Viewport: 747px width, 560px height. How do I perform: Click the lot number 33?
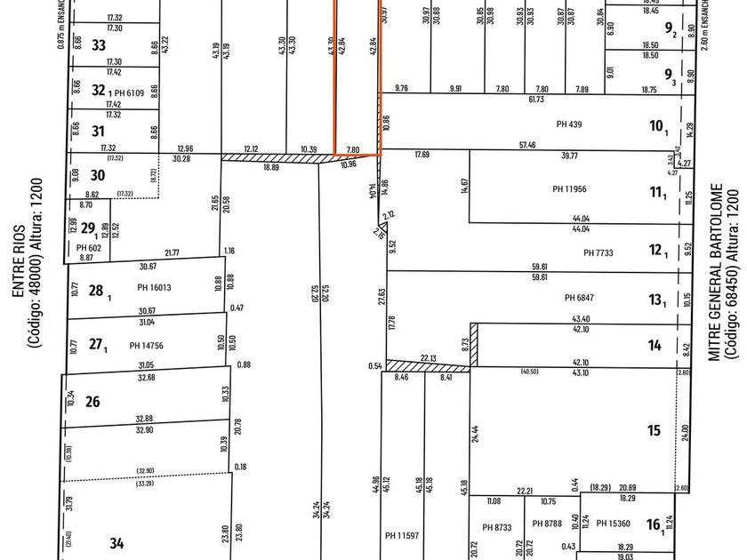[98, 45]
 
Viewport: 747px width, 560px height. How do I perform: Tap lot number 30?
[98, 175]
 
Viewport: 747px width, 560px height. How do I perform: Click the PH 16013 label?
[154, 287]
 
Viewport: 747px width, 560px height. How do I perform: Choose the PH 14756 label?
[148, 345]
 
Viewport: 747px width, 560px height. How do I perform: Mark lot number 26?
[92, 402]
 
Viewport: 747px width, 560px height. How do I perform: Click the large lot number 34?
[117, 542]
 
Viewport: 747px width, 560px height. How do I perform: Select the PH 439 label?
[568, 124]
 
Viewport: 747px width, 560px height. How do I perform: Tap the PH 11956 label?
[570, 188]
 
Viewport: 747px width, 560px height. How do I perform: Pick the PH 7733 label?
[599, 253]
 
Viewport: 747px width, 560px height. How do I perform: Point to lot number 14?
[655, 346]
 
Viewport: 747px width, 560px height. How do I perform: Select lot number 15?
[654, 430]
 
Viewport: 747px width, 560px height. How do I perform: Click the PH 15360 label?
[613, 524]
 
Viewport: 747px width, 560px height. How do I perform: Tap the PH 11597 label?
[403, 535]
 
